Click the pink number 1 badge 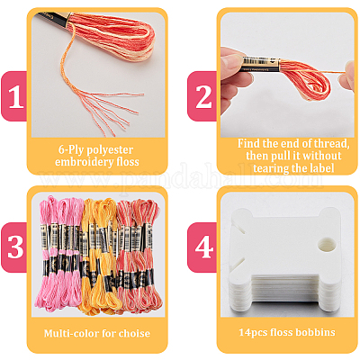tap(13, 96)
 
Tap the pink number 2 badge tap(202, 96)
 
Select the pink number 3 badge tap(13, 247)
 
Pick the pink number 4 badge tap(202, 247)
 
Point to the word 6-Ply tap(73, 149)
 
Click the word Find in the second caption tap(248, 143)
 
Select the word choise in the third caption tap(134, 333)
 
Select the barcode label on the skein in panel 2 tap(260, 64)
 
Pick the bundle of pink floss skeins tap(59, 254)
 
